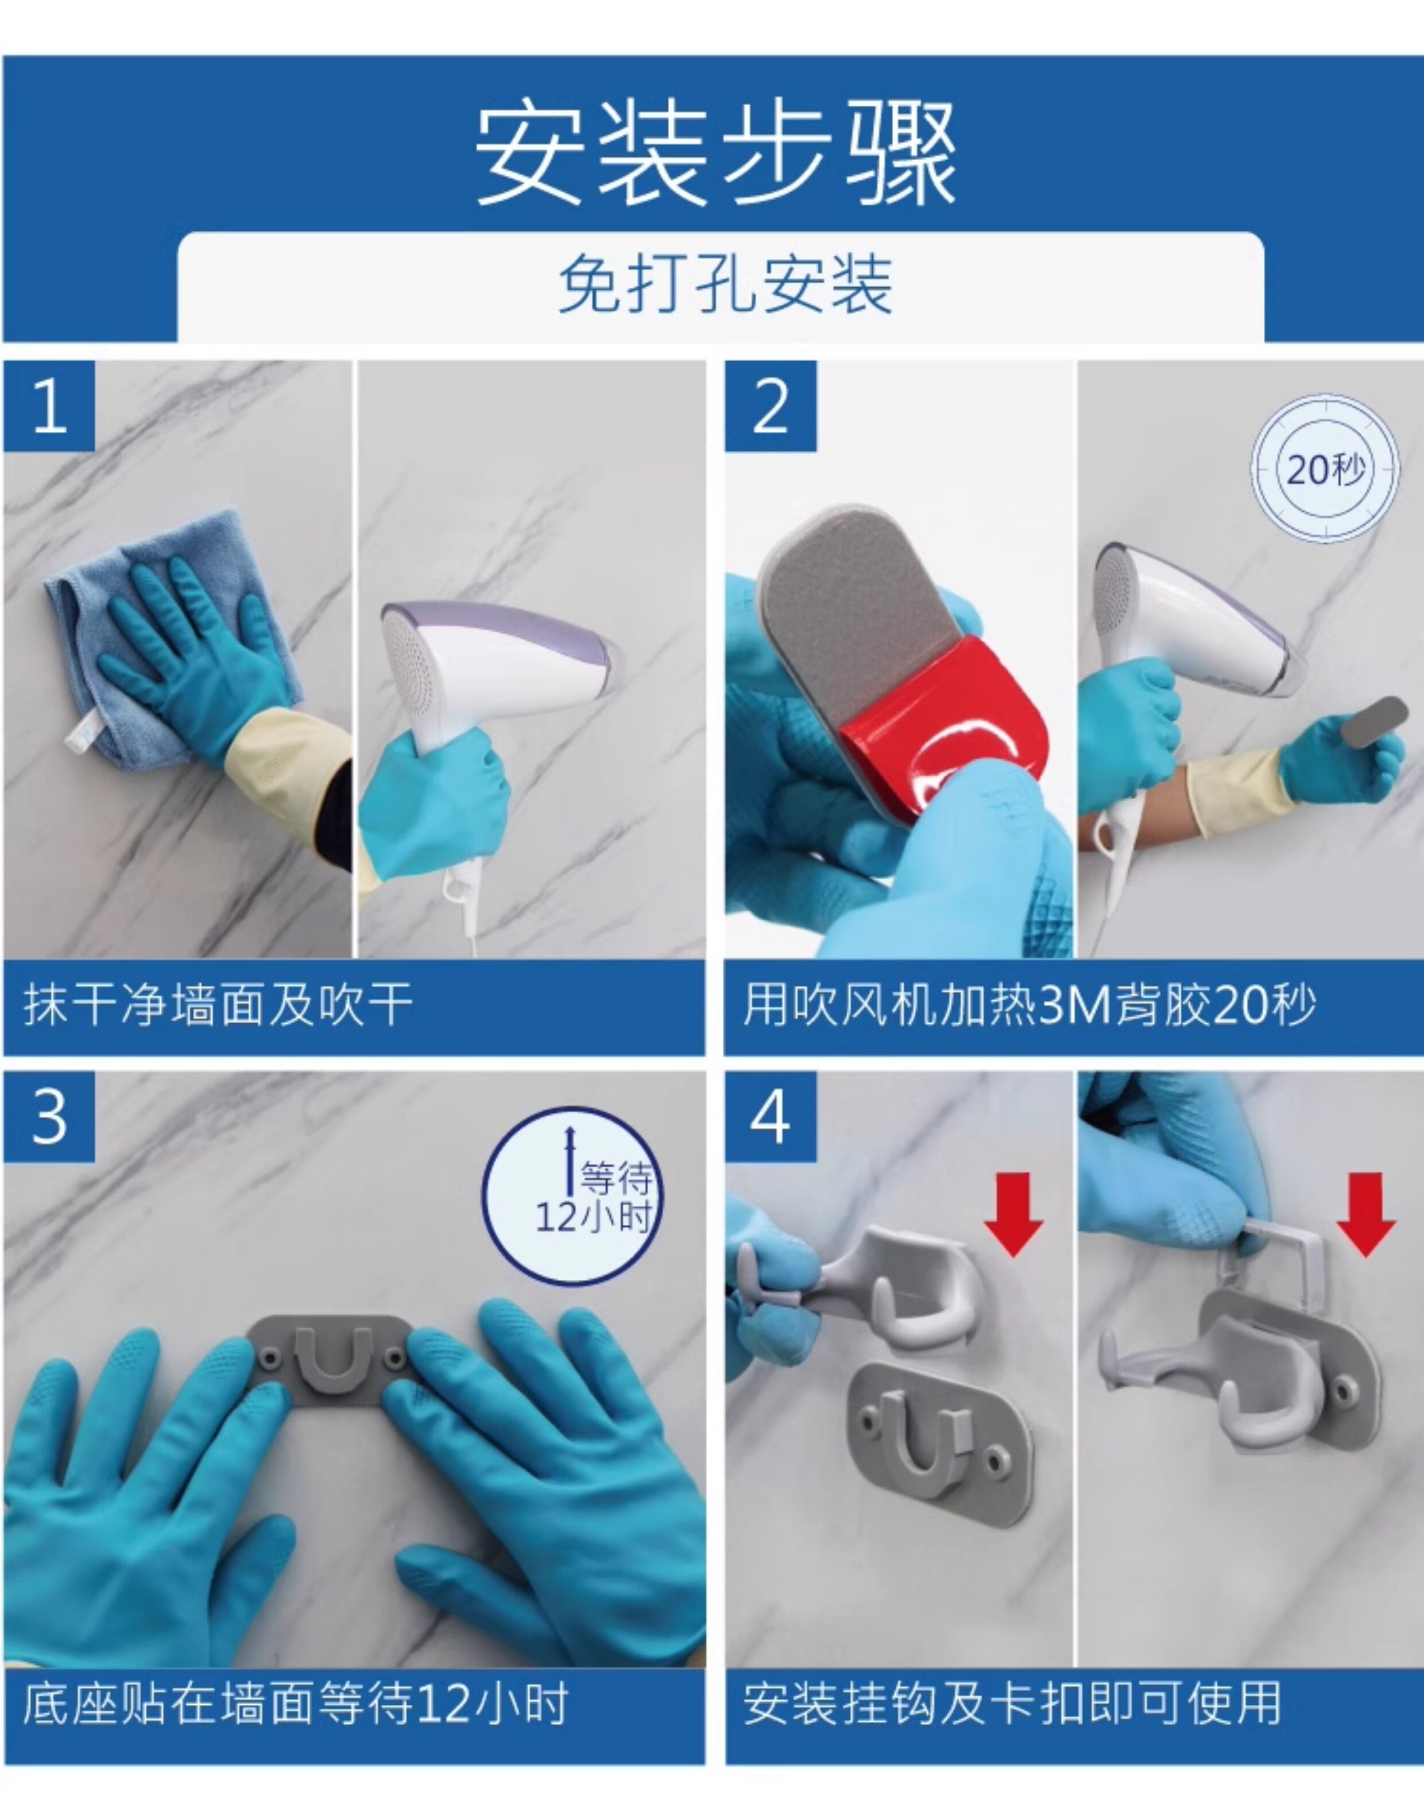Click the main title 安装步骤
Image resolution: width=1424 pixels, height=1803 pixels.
pos(715,155)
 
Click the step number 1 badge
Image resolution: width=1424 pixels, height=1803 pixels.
pos(49,406)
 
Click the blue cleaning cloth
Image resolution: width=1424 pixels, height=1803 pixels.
pos(167,642)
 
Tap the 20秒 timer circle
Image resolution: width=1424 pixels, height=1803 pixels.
pos(1325,469)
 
